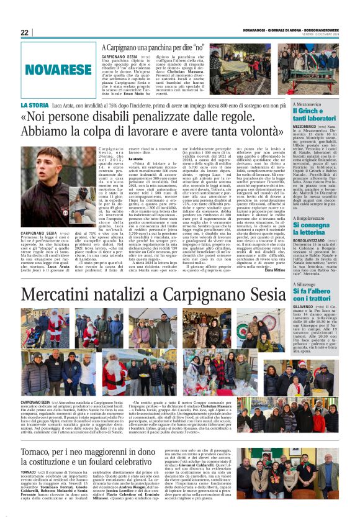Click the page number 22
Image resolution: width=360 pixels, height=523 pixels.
[x=24, y=32]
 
